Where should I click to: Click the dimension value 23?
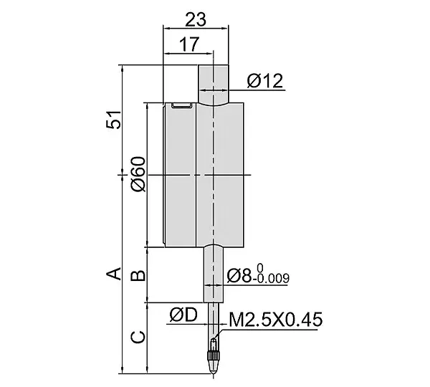195,20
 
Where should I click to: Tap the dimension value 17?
188,44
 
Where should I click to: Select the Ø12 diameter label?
265,81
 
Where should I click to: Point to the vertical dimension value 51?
113,120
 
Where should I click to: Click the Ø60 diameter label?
138,174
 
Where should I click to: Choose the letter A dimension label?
113,274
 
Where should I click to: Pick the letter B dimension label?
138,276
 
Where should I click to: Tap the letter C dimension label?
138,337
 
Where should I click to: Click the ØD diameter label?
183,315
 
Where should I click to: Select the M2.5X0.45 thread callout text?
276,320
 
